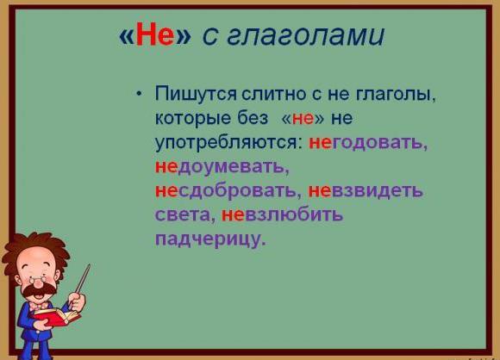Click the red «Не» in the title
pyautogui.click(x=155, y=34)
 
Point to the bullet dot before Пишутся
pyautogui.click(x=138, y=94)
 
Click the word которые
pyautogui.click(x=193, y=118)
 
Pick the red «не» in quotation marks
pyautogui.click(x=303, y=119)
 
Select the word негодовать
pyautogui.click(x=366, y=142)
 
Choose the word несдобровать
pyautogui.click(x=226, y=190)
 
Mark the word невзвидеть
pyautogui.click(x=366, y=190)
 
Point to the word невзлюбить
pyautogui.click(x=282, y=214)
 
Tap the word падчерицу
pyautogui.click(x=209, y=239)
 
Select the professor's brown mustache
pyautogui.click(x=38, y=289)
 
